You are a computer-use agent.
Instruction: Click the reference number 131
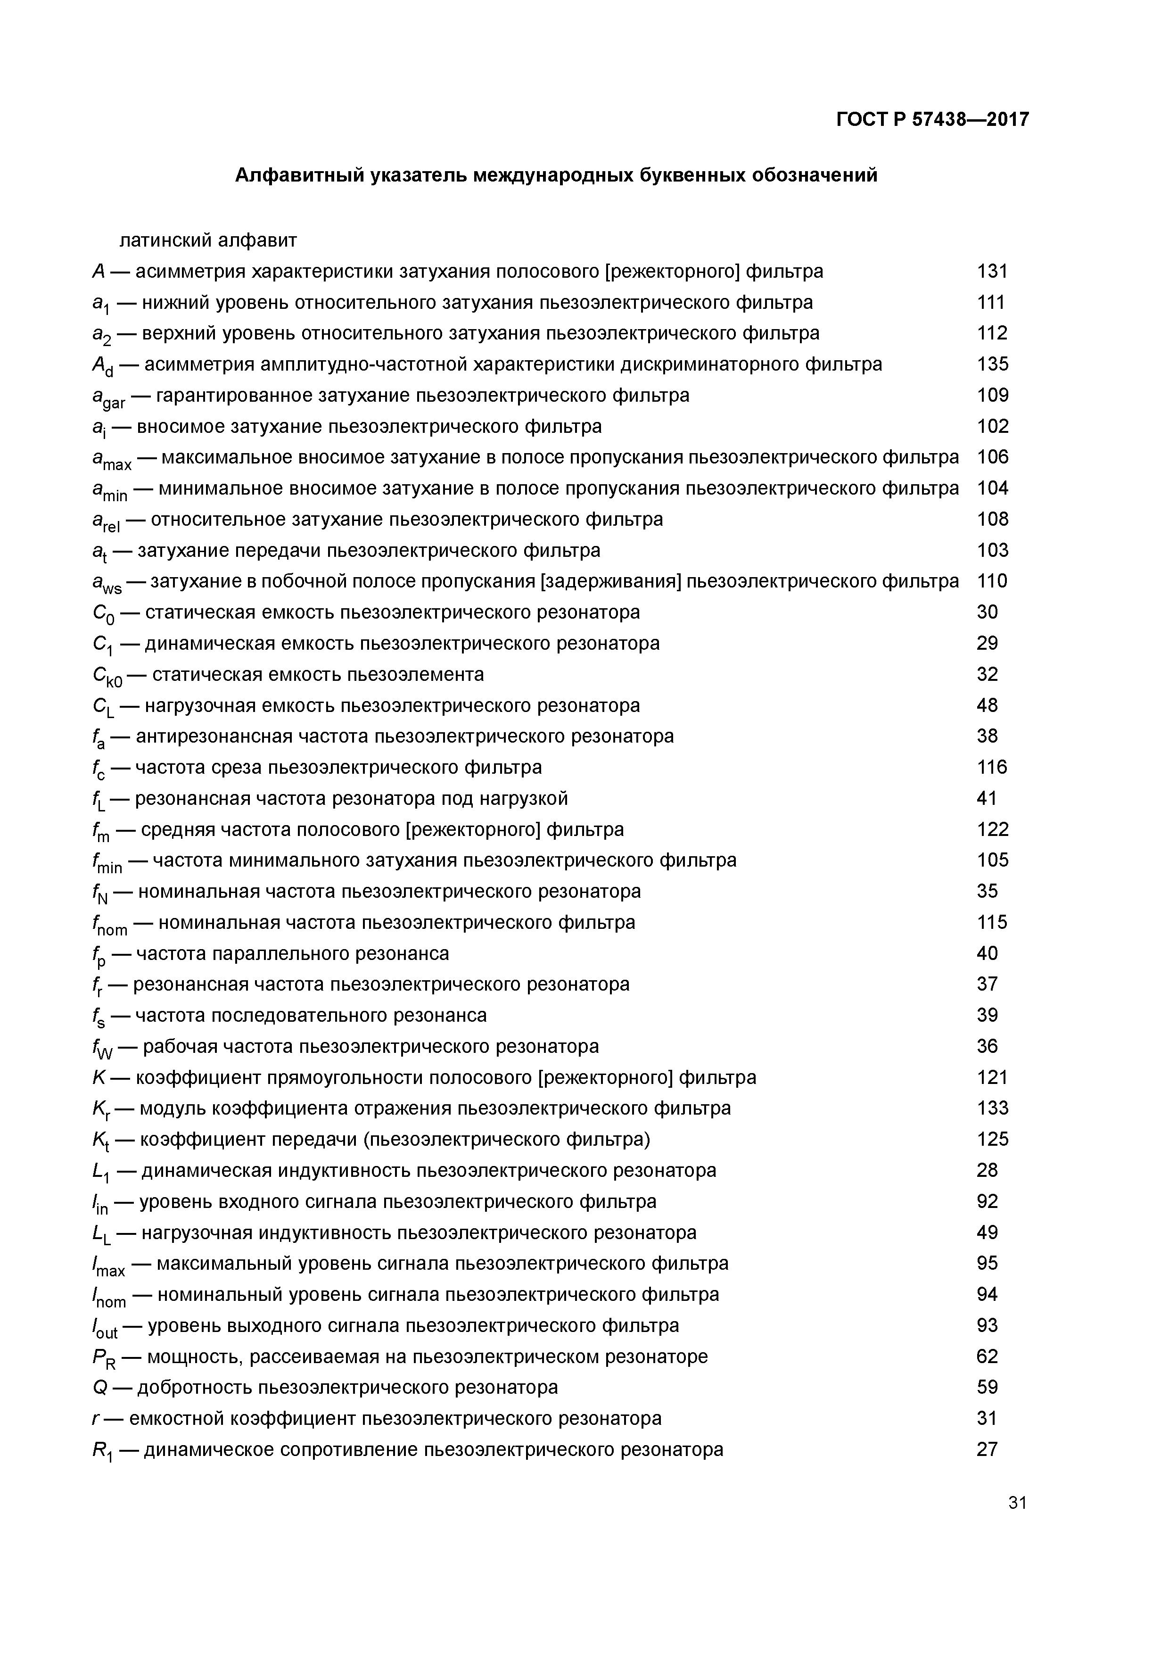click(992, 272)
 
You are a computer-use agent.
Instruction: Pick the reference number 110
click(992, 581)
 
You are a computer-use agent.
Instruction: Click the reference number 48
click(987, 705)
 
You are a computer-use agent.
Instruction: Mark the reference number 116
click(992, 767)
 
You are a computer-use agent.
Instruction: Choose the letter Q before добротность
click(99, 1388)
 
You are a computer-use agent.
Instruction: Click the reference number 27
click(987, 1449)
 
